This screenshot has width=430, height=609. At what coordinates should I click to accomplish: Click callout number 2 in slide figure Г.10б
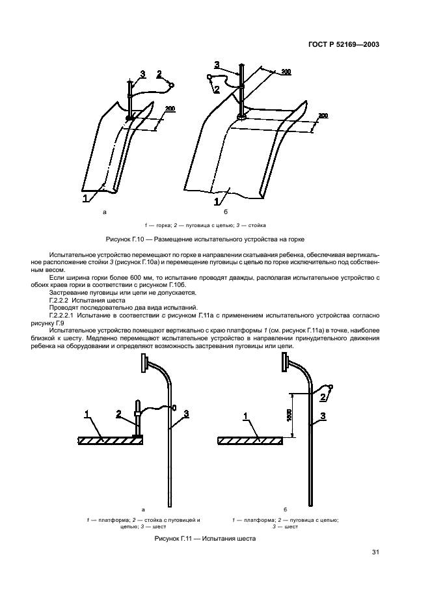click(x=217, y=89)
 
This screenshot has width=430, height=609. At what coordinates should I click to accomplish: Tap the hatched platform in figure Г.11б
click(x=250, y=440)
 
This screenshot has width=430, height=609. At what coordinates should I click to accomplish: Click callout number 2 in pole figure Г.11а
click(x=118, y=413)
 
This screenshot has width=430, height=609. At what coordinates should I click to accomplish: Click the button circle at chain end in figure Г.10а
click(x=171, y=85)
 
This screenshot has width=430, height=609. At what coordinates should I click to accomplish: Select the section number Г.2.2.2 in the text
click(x=60, y=301)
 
